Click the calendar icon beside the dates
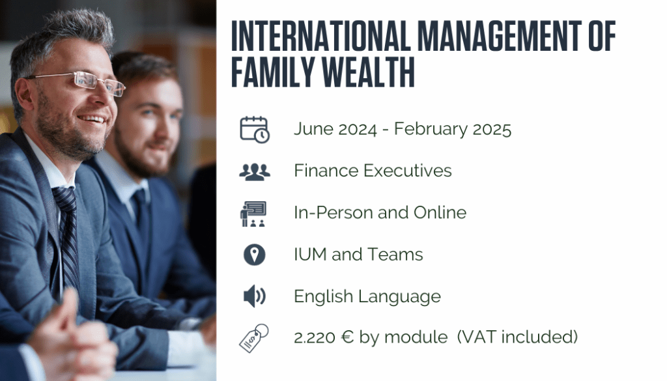point(255,129)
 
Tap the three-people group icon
point(255,172)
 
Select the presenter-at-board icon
point(253,214)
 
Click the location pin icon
point(255,255)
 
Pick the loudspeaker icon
point(255,296)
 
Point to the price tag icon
point(254,338)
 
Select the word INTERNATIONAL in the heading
point(320,36)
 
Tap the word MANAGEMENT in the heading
point(500,36)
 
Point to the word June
point(313,129)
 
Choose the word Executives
point(408,171)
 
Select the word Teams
point(395,254)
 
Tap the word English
point(323,296)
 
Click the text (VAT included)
point(518,337)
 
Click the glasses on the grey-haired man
point(81,81)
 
